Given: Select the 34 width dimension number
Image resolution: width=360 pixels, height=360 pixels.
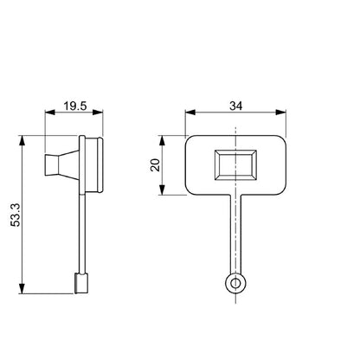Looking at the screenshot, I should click(x=236, y=107).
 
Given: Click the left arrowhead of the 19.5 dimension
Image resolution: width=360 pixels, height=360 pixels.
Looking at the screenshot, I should click(x=48, y=114).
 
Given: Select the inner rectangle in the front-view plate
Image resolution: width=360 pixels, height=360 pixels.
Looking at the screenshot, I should click(x=236, y=164).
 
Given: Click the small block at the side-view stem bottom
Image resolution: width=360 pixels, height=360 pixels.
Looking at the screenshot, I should click(x=81, y=281).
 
